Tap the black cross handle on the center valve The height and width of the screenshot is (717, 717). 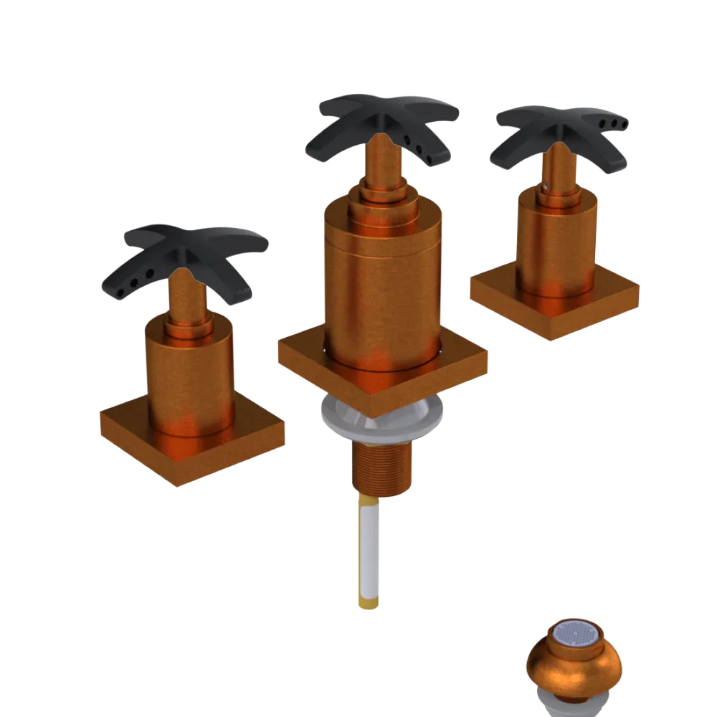pyautogui.click(x=387, y=118)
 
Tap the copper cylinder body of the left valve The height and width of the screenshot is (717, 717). pyautogui.click(x=190, y=373)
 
